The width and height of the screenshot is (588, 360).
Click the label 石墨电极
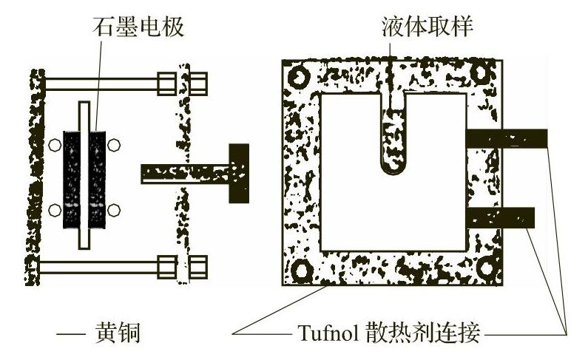[x=139, y=27]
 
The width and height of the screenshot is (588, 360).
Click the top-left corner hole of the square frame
[x=300, y=77]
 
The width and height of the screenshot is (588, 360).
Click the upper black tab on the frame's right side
[x=507, y=137]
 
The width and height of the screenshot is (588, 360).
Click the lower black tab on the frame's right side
[x=501, y=217]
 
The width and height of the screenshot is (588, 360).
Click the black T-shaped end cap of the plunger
[x=240, y=173]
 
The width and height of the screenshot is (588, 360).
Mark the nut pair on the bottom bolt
[x=182, y=266]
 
